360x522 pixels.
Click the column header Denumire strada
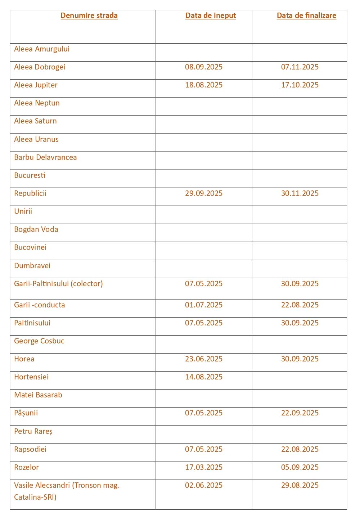click(89, 15)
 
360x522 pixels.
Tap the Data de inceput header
click(211, 15)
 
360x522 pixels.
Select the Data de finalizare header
click(306, 15)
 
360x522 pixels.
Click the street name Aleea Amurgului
click(42, 49)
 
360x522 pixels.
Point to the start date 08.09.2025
click(204, 67)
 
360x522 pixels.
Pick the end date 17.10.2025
click(300, 85)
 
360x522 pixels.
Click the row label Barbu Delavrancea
click(45, 157)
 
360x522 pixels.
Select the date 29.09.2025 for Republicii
click(204, 193)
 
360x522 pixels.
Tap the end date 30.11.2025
click(300, 193)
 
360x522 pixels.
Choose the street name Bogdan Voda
click(36, 229)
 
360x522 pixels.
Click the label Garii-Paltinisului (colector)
click(58, 284)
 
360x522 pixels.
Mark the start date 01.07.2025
click(204, 305)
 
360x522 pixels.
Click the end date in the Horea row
click(300, 359)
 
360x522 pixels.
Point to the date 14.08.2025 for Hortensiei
click(204, 377)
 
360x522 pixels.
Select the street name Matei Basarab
click(38, 395)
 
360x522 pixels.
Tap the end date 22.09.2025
click(300, 413)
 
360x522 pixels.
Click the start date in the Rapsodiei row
click(204, 449)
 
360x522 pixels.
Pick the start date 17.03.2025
click(204, 467)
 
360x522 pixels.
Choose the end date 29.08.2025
click(300, 485)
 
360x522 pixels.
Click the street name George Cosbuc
click(39, 341)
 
